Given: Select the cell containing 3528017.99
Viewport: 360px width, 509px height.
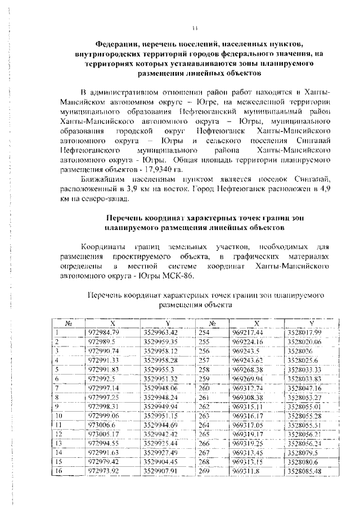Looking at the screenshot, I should click(303, 332).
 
